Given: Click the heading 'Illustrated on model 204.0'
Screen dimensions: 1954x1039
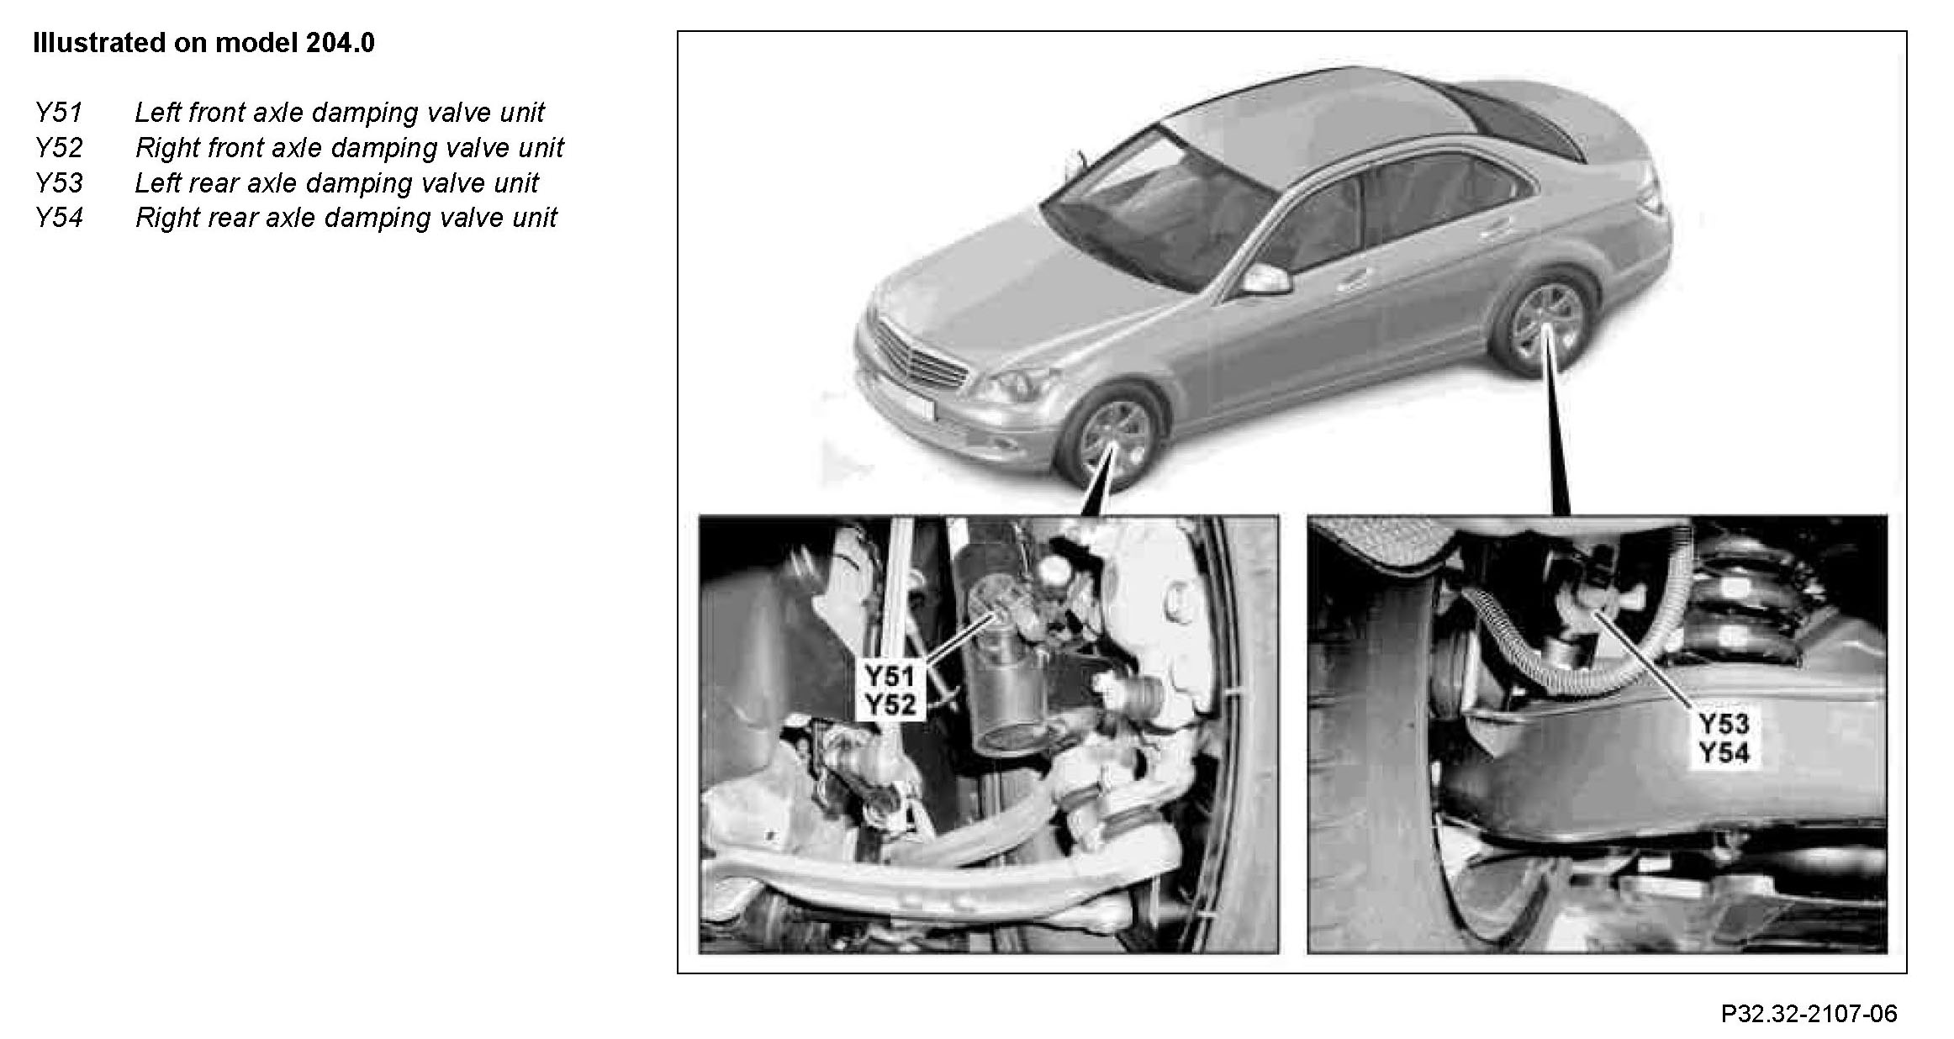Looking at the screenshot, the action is coord(203,43).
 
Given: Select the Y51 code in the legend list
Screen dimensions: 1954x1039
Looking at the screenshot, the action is coord(59,113).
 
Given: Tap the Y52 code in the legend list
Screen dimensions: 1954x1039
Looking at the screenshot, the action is coord(59,148).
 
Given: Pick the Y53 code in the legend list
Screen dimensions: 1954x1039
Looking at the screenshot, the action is coord(59,183).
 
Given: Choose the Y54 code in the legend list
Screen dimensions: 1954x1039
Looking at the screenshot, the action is coord(59,218).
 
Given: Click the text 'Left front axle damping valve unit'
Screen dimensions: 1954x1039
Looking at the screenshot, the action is coord(340,113).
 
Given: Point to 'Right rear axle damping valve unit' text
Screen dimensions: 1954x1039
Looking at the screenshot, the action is coord(346,218).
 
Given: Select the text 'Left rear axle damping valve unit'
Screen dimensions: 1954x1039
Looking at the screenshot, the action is coord(337,183).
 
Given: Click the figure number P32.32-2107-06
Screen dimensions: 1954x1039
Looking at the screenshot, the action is coord(1809,1014).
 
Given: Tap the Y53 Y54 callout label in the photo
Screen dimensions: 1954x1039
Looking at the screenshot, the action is coord(1724,738).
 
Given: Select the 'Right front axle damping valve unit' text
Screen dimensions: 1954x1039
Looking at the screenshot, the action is coord(350,148).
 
